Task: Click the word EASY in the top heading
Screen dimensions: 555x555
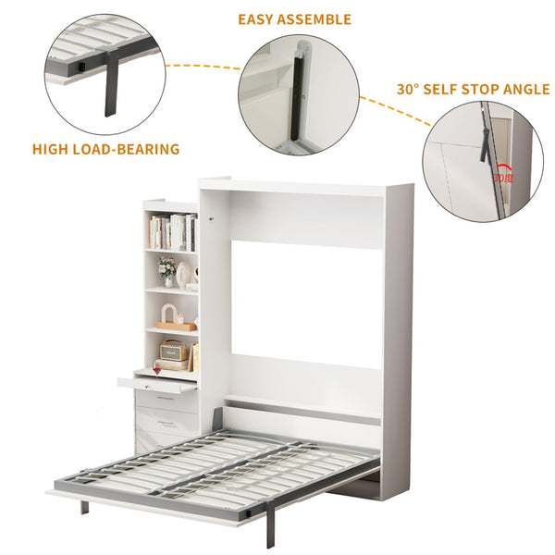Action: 255,19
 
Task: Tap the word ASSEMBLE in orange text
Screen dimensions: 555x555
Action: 314,19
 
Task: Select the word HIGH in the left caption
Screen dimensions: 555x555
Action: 50,149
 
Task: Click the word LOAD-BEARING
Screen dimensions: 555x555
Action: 126,149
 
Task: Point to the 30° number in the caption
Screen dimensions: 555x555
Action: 408,89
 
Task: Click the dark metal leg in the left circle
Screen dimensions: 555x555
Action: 110,85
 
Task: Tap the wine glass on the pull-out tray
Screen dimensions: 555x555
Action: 157,369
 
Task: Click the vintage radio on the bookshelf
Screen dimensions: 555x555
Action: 173,350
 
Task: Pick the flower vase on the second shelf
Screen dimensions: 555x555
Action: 167,272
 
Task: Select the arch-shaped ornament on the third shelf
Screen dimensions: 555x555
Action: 169,314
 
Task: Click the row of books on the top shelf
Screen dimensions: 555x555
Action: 173,232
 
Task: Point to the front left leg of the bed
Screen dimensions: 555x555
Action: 84,507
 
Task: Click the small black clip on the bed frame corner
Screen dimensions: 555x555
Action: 249,512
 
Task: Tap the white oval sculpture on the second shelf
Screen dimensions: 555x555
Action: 183,274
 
